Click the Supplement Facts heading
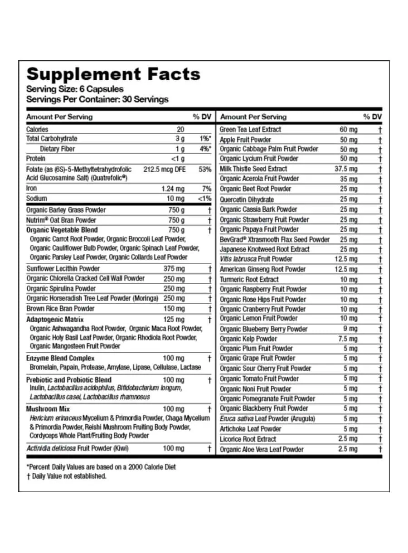[x=113, y=73]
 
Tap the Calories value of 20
[x=180, y=129]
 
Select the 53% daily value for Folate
[x=204, y=169]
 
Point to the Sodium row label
[x=37, y=199]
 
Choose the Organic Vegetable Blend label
[x=62, y=230]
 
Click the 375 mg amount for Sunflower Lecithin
[x=174, y=268]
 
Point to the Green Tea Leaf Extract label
[x=250, y=130]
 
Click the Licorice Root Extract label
[x=248, y=439]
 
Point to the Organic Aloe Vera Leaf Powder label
[x=262, y=450]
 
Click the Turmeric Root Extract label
[x=249, y=280]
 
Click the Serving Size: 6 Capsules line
[x=75, y=89]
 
